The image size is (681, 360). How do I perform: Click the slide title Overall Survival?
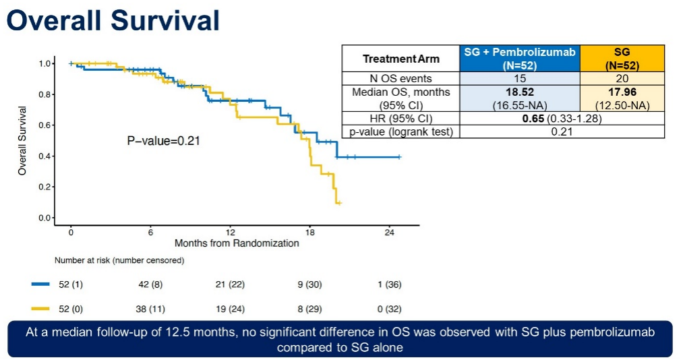[x=113, y=21]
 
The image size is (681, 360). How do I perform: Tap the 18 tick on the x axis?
[x=309, y=231]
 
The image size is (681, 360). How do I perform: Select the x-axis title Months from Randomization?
[x=236, y=243]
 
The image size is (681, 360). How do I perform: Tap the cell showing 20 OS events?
[x=622, y=78]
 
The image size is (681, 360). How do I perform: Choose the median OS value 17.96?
[x=622, y=92]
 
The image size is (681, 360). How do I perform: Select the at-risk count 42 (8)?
[x=151, y=284]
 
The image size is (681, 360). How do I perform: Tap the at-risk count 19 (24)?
[x=231, y=309]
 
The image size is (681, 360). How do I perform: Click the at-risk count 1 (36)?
[x=389, y=284]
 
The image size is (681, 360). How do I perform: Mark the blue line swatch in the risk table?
[x=41, y=284]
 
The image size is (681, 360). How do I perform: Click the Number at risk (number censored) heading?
[x=119, y=260]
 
